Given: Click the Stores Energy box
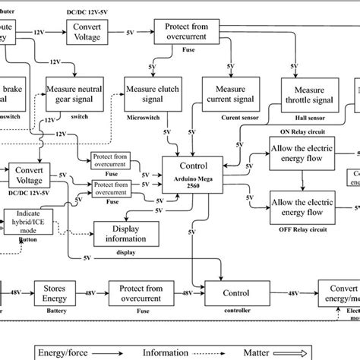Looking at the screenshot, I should point(62,292).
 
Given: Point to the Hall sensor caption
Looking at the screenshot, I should point(307,118).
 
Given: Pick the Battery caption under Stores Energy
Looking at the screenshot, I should point(62,310).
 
